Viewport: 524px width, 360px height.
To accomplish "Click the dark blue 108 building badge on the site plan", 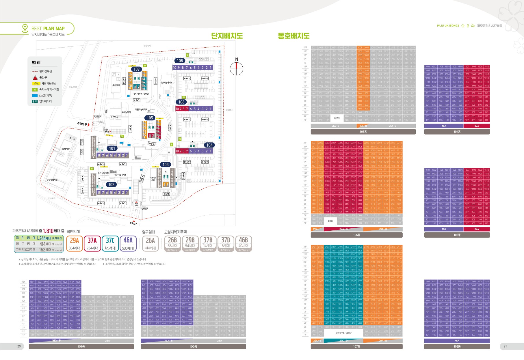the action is coord(180,61).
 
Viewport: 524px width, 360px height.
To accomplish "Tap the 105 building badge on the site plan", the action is coord(150,118).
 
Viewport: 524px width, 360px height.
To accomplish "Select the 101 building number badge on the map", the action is coord(112,148).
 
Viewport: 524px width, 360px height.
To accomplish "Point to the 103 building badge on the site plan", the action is coord(166,165).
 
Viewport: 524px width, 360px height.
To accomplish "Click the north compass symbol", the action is coord(237,68).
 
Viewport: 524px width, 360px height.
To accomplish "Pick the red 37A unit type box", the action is coord(92,243).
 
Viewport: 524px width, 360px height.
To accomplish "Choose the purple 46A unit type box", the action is coord(128,243).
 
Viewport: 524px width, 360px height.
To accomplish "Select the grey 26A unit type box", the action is coord(150,243).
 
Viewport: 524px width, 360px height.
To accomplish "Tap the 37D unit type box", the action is coord(226,243).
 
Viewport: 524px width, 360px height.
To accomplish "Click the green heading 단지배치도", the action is coord(227,36).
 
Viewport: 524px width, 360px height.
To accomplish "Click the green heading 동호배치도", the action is coord(294,36).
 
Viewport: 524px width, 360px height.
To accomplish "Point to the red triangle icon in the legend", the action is coord(35,77).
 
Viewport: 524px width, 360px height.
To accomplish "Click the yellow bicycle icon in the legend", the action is coord(36,83).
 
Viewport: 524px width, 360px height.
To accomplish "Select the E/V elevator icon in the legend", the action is coord(35,101).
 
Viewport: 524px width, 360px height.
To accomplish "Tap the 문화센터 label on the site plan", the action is coord(116,85).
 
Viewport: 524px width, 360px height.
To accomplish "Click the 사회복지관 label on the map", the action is coord(65,149).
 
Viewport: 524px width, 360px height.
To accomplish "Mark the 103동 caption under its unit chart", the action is coord(363,132).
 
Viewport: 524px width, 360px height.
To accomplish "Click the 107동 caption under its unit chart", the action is coord(356,346).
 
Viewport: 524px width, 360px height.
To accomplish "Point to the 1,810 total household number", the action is coord(48,231).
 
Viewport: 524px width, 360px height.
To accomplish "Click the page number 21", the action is coord(505,346).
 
